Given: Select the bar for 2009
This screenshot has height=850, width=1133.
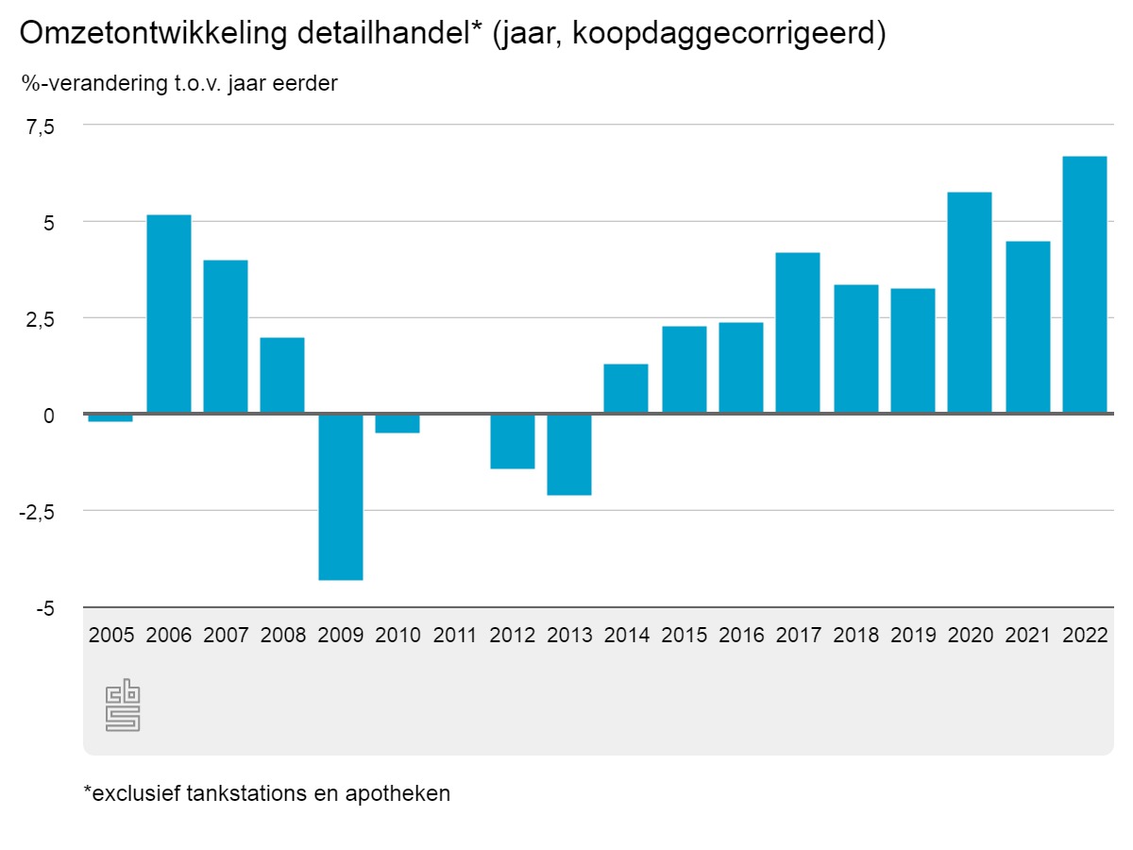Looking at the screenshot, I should pos(341,497).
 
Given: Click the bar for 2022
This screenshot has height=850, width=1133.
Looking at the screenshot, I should pos(1084,285).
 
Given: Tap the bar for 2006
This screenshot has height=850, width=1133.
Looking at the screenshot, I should pos(169,314).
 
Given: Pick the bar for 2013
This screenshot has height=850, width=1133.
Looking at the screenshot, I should pos(569,454).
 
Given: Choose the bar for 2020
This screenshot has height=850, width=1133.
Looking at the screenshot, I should pos(970,303).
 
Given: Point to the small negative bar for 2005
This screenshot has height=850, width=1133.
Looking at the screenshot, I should pos(110,417).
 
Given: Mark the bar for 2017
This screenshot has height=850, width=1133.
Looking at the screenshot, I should pos(798,333).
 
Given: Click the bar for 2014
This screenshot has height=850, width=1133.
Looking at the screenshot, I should pos(626,388).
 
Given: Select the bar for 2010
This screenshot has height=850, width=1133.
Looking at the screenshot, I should pos(397,423).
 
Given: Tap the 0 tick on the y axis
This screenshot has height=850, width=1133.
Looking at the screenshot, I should pos(50,415).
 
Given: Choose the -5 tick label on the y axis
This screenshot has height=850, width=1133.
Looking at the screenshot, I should pos(45,609).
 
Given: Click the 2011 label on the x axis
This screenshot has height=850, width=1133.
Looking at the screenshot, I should pos(455,636).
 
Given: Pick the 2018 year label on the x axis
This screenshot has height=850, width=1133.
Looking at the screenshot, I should pos(855,636).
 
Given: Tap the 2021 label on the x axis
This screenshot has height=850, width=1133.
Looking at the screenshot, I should pos(1027,636).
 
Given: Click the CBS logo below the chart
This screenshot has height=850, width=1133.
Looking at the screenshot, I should pos(123,705).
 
